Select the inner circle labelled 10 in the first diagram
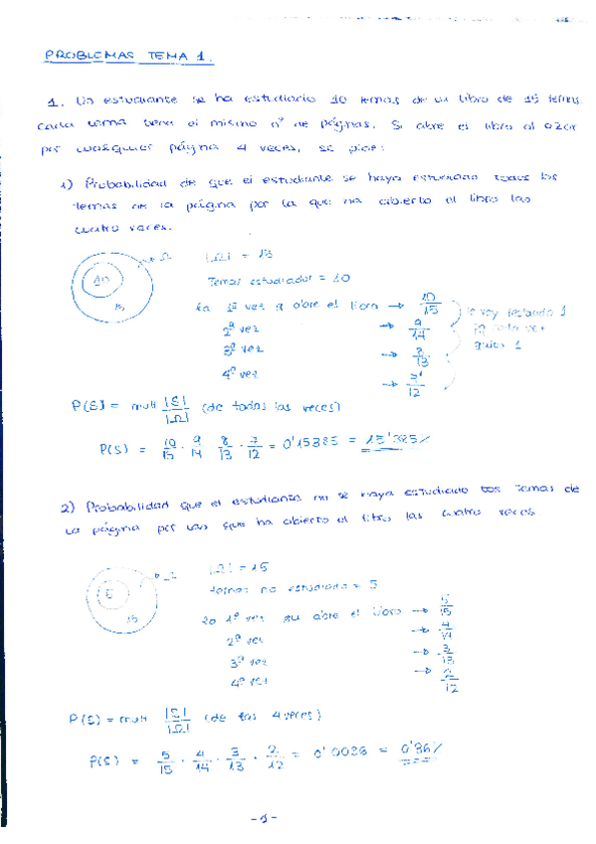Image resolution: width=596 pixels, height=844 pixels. [x=101, y=281]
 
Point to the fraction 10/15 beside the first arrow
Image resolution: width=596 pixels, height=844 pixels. [x=430, y=303]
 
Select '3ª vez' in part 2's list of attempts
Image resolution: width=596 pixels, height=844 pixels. [x=246, y=660]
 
